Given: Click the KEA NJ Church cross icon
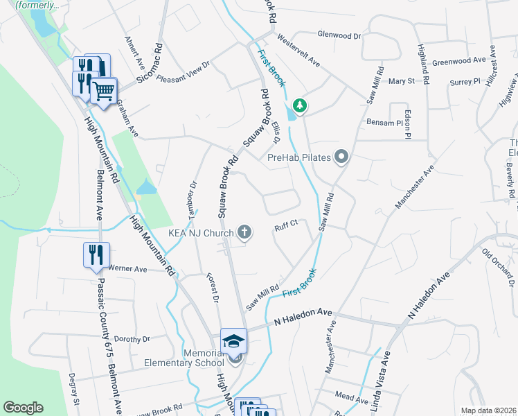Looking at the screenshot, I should point(244,233).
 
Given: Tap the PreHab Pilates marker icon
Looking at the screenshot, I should point(341,157).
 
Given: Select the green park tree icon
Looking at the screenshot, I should point(300,106).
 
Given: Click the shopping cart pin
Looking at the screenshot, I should point(104,90).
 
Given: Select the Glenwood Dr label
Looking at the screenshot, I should point(339,34).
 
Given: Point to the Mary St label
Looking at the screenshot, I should point(401,81).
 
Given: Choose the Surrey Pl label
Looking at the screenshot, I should point(465,81).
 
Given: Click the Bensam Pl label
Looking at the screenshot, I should point(384,123).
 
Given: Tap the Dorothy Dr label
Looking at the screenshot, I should point(132,339).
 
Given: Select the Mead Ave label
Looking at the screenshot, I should point(351,399).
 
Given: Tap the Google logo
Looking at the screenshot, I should point(23,408).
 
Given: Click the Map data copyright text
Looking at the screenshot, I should point(488,410).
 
